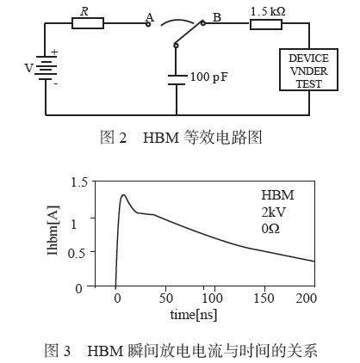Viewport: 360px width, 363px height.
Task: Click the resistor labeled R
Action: click(88, 23)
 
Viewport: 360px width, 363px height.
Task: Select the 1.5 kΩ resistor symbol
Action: click(266, 24)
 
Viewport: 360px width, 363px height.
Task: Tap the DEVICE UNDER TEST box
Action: click(308, 70)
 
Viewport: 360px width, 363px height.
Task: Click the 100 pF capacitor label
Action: click(209, 77)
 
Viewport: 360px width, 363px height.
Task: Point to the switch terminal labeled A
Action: click(148, 24)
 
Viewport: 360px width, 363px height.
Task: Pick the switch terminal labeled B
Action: click(203, 23)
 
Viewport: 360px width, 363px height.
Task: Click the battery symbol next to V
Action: click(46, 68)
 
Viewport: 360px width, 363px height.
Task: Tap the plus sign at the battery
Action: click(54, 52)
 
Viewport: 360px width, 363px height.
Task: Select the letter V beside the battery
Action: click(28, 68)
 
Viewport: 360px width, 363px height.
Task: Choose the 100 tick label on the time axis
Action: click(212, 298)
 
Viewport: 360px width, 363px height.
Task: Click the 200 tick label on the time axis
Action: click(306, 298)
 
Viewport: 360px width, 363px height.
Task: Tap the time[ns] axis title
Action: click(194, 315)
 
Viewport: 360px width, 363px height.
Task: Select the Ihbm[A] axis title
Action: click(53, 231)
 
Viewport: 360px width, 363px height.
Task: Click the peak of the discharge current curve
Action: click(123, 194)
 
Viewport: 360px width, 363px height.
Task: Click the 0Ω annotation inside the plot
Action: click(270, 229)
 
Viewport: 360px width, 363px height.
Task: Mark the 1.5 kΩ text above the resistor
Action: click(268, 11)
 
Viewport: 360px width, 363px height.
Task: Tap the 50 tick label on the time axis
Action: click(166, 298)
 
